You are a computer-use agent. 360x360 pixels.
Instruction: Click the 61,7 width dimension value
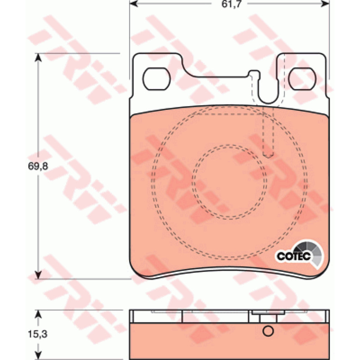(x=231, y=4)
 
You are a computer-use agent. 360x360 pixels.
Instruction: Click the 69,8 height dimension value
(x=38, y=166)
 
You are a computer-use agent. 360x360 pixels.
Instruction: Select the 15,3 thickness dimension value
(x=38, y=334)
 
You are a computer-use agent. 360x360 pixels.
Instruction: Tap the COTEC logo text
(x=294, y=256)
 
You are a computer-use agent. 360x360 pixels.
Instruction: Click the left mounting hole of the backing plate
(x=156, y=79)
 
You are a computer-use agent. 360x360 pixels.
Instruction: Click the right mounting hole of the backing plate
(x=302, y=79)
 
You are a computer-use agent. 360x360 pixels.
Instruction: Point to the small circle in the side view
(x=268, y=331)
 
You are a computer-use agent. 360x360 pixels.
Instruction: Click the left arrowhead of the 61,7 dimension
(x=133, y=4)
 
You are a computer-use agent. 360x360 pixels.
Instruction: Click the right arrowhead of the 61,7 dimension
(x=325, y=4)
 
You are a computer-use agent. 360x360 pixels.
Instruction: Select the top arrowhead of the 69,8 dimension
(x=38, y=58)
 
